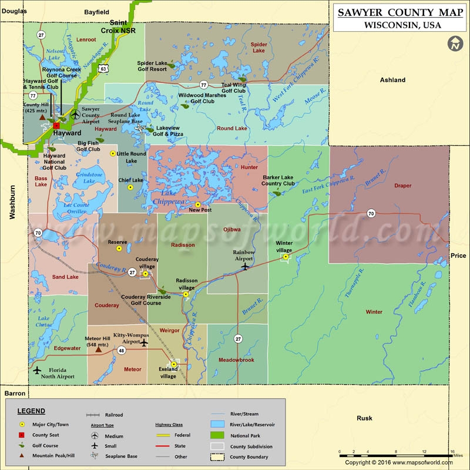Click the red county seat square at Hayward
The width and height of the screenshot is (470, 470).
click(x=56, y=125)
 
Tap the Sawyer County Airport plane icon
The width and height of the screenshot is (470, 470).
click(x=75, y=115)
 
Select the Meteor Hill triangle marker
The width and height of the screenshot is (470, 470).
click(x=98, y=349)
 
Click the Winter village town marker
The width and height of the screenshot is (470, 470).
click(x=286, y=257)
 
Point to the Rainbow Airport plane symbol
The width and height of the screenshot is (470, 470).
click(x=245, y=266)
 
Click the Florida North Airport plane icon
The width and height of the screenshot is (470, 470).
click(x=37, y=370)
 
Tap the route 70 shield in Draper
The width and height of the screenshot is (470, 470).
click(x=371, y=213)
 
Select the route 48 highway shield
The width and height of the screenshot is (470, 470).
click(x=122, y=351)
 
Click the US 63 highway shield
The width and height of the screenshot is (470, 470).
click(x=103, y=68)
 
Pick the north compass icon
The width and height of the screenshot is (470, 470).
click(x=455, y=43)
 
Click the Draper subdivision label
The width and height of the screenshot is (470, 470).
click(x=402, y=186)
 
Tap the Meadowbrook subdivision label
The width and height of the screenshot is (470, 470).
click(x=237, y=360)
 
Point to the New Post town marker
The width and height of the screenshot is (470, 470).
click(x=199, y=204)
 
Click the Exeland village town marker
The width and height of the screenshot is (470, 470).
click(x=174, y=364)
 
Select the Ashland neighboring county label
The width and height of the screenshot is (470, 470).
click(x=392, y=80)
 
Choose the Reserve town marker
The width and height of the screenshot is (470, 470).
click(x=119, y=249)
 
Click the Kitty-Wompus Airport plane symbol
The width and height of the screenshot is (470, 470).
click(x=143, y=343)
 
